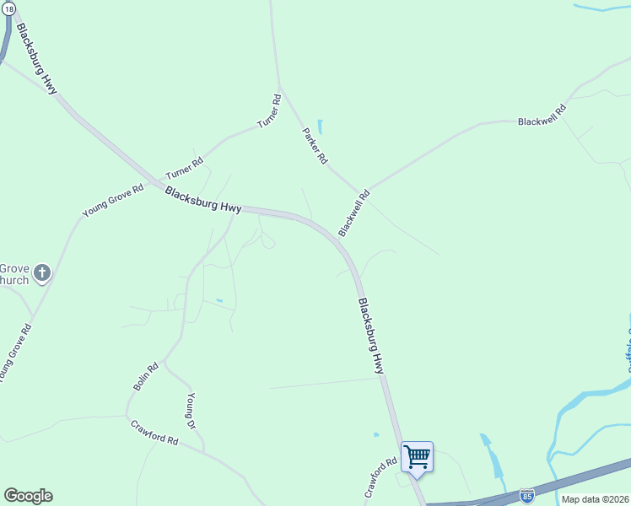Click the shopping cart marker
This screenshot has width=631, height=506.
coord(417,457)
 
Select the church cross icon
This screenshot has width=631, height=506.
coord(42,273)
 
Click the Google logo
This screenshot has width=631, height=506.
coord(28,496)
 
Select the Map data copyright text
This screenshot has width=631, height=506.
coord(595,499)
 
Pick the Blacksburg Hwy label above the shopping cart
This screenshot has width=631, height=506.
coord(371,336)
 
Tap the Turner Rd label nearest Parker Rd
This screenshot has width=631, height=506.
coord(268,111)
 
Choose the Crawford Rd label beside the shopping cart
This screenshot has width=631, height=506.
coord(380,477)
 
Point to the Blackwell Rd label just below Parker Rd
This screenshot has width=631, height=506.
coord(353,213)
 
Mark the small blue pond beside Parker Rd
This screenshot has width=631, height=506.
coord(320,127)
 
